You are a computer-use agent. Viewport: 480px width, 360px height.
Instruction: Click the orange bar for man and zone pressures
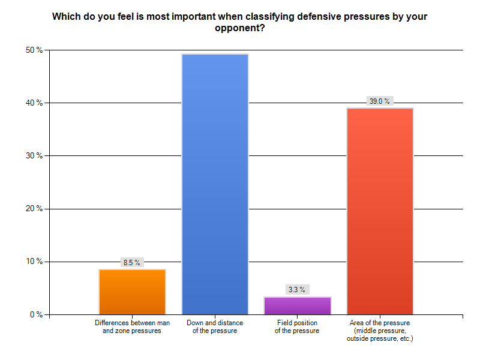coord(132,292)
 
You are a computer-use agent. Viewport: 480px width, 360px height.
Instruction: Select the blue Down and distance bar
coord(215,184)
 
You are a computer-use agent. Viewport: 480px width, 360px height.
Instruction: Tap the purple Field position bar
coord(297,305)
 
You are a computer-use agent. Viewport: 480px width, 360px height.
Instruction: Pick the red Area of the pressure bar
coord(380,211)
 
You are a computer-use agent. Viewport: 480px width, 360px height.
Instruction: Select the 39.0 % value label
coord(379,101)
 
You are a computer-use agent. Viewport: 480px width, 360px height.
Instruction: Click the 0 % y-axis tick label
coord(35,314)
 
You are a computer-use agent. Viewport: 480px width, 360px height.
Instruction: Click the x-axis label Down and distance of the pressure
coord(215,327)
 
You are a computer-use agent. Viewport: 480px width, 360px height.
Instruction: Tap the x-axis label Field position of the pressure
coord(297,327)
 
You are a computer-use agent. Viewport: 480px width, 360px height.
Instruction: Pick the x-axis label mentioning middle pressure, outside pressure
coord(380,331)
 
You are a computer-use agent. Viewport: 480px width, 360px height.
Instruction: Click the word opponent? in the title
coord(240,28)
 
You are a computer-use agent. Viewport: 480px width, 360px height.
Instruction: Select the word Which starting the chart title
coord(65,16)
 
